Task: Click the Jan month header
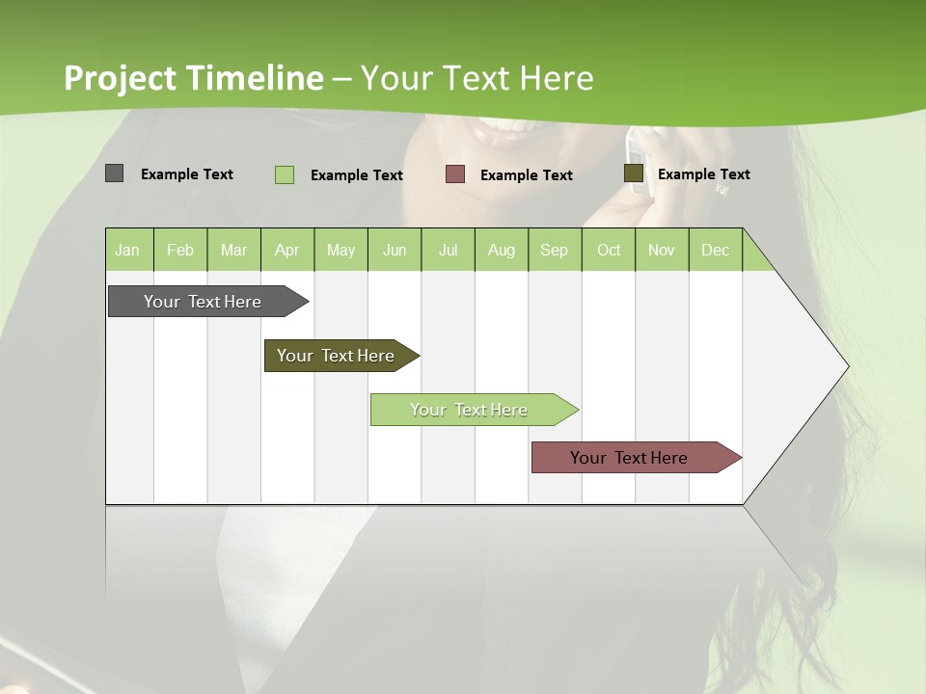point(128,250)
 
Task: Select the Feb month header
point(180,250)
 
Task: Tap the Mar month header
point(233,250)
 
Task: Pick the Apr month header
point(287,250)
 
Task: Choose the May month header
point(340,250)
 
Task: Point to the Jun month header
point(395,250)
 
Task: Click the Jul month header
point(448,250)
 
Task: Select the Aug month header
point(502,250)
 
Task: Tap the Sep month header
point(555,250)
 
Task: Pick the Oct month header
point(609,250)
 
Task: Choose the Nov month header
point(662,250)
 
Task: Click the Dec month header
point(716,250)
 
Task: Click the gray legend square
point(114,173)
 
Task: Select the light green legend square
point(285,174)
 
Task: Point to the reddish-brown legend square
point(455,174)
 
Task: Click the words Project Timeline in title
point(194,78)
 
